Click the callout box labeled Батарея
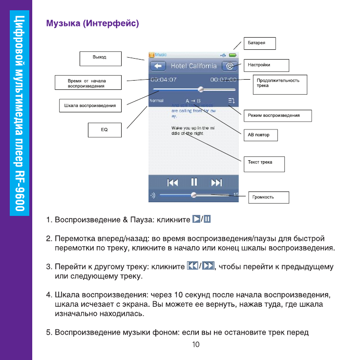[261, 43]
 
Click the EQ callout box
[104, 129]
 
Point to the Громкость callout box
[268, 197]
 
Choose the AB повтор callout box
[260, 135]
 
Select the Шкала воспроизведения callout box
[90, 106]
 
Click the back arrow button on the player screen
[156, 66]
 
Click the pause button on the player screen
[194, 182]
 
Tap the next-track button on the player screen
[216, 183]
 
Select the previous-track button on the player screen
[172, 183]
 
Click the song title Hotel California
[193, 66]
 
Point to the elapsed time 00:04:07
[163, 79]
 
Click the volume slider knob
[194, 194]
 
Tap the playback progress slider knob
[200, 89]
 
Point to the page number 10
[195, 344]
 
